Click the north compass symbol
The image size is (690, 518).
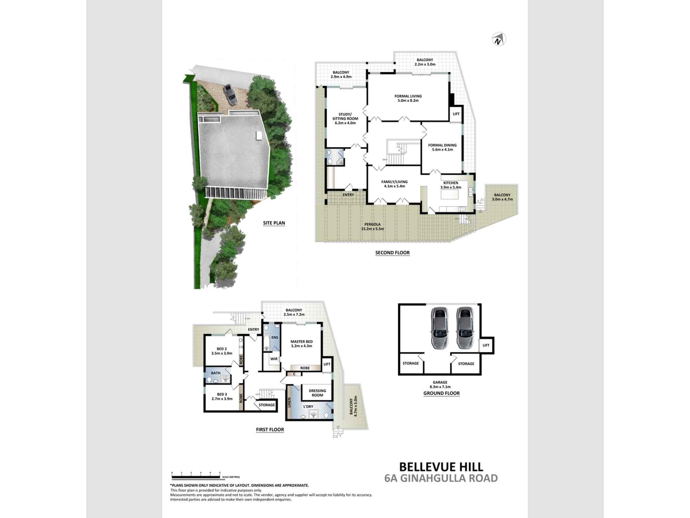point(498,40)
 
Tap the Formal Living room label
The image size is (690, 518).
point(408,98)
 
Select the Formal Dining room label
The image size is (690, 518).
point(442,147)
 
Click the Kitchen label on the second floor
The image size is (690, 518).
point(451,185)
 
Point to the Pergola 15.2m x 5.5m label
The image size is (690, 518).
point(372,227)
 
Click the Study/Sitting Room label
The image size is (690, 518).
point(345,118)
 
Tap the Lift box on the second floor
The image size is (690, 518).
point(456,114)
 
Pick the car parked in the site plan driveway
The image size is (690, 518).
point(229,94)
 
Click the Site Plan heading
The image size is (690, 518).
point(274,223)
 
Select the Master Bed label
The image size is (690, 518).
point(302,344)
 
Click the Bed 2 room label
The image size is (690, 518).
point(222,351)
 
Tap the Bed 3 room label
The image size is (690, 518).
point(222,396)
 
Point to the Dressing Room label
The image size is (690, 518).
point(317,393)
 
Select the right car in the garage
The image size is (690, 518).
point(464,328)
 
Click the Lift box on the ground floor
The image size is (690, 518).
point(486,345)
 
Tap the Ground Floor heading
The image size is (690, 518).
point(441,393)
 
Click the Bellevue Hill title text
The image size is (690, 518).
point(441,467)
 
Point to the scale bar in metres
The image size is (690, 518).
point(196,477)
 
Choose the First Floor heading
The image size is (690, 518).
point(270,430)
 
